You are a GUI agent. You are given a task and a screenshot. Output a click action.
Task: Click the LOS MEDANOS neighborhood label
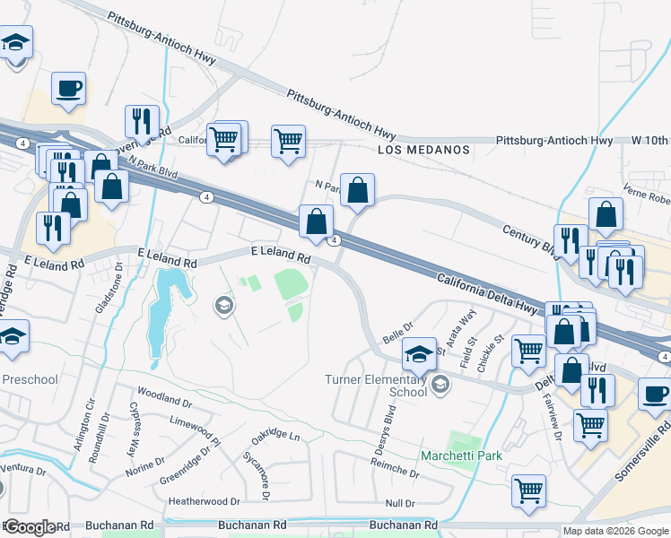423,150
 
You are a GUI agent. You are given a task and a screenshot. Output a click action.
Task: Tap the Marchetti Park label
461,456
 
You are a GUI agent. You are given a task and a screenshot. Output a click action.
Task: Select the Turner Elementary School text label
376,386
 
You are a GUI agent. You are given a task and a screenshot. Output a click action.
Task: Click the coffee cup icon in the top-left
68,89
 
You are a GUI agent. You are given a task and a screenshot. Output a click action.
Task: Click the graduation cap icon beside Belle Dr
418,353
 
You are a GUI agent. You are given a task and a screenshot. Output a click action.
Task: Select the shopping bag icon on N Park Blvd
357,190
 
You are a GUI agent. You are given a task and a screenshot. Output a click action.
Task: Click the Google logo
29,527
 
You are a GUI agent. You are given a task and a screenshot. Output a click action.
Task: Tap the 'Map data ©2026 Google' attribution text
615,531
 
